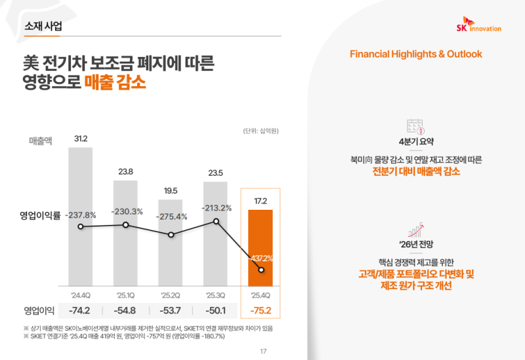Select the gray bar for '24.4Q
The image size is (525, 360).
[x=81, y=216]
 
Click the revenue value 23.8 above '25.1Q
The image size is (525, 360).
[x=126, y=172]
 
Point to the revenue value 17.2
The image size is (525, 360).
[x=261, y=200]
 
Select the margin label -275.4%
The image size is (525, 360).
[x=171, y=216]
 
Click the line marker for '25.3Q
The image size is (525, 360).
[x=216, y=221]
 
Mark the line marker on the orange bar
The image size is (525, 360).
[x=261, y=270]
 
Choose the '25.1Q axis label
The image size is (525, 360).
[x=126, y=294]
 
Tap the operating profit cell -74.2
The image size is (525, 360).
[x=81, y=311]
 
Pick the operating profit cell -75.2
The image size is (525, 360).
[x=261, y=311]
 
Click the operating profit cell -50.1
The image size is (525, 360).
[x=216, y=311]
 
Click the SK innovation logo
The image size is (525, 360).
[x=478, y=26]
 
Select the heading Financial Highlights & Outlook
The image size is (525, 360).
[x=416, y=54]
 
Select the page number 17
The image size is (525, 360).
[x=263, y=351]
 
